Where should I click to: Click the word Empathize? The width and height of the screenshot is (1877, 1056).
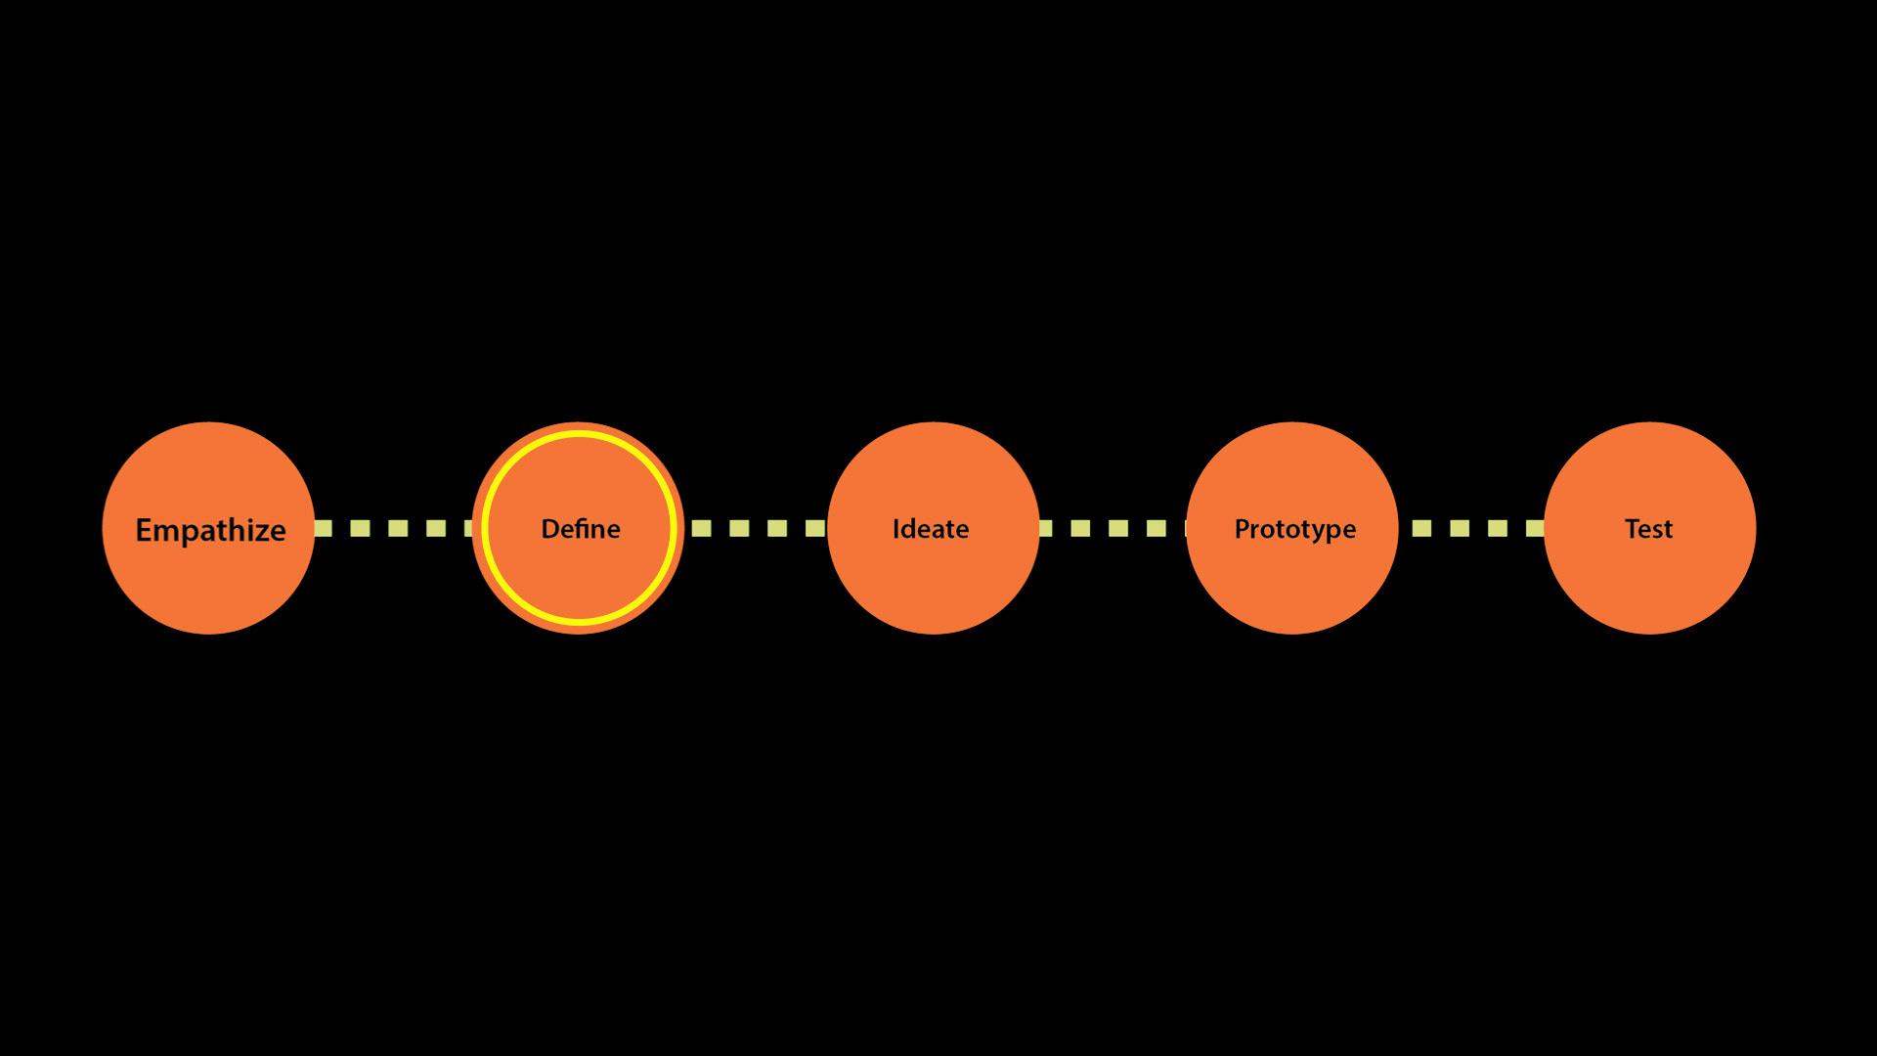click(210, 530)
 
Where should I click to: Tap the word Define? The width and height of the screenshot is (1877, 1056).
click(581, 529)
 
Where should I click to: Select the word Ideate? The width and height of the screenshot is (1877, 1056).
click(931, 529)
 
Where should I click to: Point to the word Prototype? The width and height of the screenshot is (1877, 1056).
click(1295, 529)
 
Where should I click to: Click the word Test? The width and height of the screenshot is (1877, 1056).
click(1648, 529)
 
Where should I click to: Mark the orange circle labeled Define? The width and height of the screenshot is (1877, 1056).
click(579, 587)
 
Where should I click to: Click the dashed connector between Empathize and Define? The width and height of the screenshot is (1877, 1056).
click(398, 528)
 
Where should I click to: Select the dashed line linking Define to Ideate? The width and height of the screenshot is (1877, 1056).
click(759, 528)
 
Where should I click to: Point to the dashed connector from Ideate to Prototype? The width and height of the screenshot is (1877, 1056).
click(1118, 528)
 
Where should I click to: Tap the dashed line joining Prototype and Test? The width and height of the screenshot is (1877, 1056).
click(1478, 528)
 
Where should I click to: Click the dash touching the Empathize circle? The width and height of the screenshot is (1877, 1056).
click(324, 528)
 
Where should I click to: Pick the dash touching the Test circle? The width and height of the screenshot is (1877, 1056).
click(1535, 528)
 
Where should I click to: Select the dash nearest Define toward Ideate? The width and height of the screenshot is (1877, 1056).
click(701, 528)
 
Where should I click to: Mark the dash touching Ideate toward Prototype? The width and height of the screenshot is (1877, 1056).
click(1045, 528)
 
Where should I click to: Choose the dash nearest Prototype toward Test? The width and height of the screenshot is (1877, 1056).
click(1421, 528)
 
